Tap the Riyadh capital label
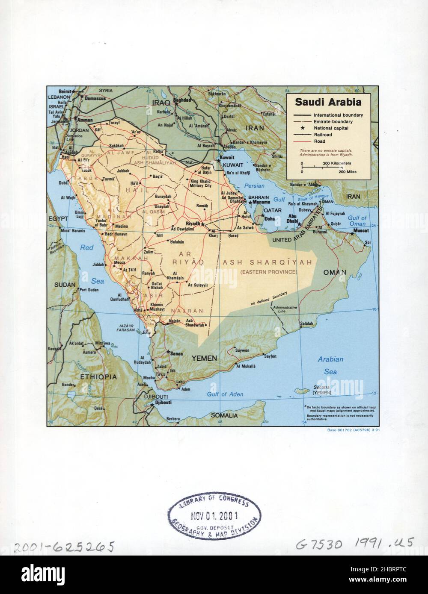coord(193,223)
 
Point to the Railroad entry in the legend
coord(323,135)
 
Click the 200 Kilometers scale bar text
coord(337,163)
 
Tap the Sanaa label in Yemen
coord(176,353)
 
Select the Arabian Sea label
coord(330,366)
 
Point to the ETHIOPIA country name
coord(98,377)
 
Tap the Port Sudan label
coord(89,290)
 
